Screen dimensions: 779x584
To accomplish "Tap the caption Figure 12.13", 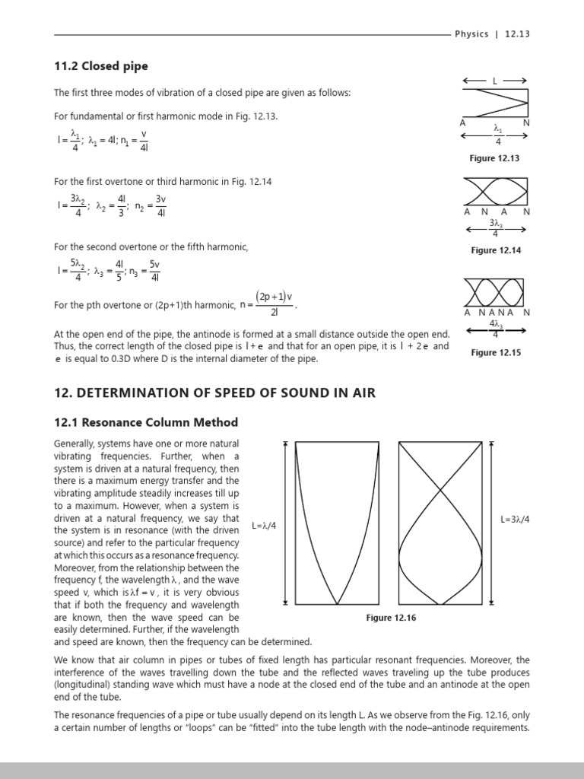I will pyautogui.click(x=495, y=158).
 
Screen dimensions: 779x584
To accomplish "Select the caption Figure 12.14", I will pyautogui.click(x=495, y=250).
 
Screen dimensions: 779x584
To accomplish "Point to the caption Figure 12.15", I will pyautogui.click(x=495, y=352).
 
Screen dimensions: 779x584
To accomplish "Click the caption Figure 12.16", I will pyautogui.click(x=391, y=618).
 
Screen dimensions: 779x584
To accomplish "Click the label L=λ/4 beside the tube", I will pyautogui.click(x=264, y=526).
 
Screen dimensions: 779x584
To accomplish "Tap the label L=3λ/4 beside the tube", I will pyautogui.click(x=516, y=520).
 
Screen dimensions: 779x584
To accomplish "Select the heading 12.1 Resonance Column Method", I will pyautogui.click(x=145, y=422).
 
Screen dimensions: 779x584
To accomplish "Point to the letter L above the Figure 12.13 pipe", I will pyautogui.click(x=495, y=80).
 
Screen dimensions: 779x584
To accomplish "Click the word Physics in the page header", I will pyautogui.click(x=471, y=34).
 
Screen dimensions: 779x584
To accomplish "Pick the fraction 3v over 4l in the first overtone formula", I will pyautogui.click(x=160, y=205).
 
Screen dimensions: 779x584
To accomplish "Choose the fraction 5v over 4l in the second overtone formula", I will pyautogui.click(x=154, y=269).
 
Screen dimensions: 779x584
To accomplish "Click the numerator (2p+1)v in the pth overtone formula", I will pyautogui.click(x=274, y=296).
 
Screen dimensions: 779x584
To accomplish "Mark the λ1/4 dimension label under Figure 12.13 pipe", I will pyautogui.click(x=497, y=135).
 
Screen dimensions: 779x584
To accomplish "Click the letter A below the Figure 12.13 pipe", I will pyautogui.click(x=462, y=122).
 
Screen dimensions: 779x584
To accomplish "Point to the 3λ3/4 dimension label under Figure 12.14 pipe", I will pyautogui.click(x=495, y=227).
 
